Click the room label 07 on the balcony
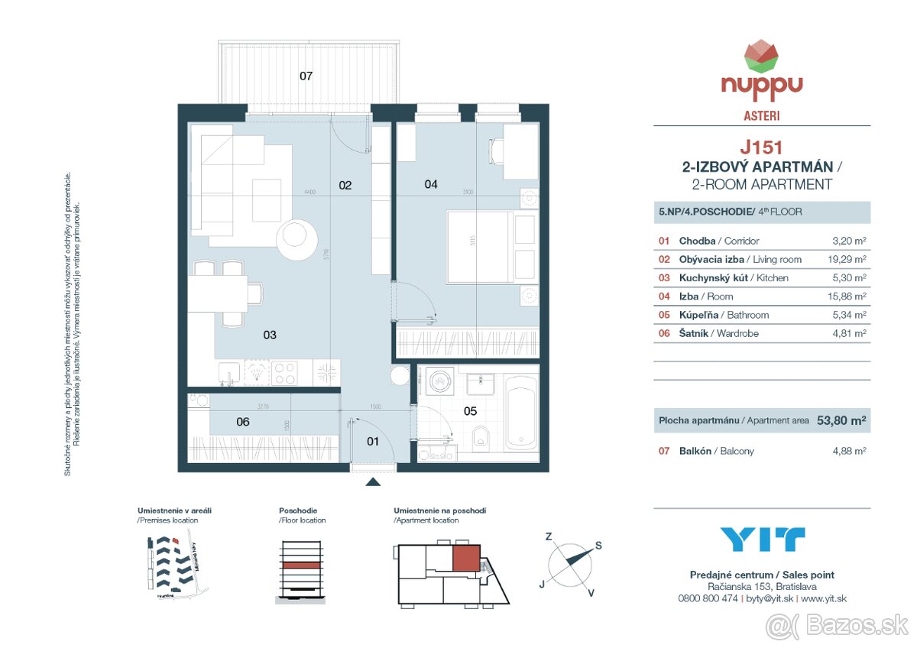(x=306, y=76)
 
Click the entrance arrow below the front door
(x=373, y=481)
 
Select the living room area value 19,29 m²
(x=849, y=260)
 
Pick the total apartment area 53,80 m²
(x=841, y=420)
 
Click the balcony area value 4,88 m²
(x=849, y=451)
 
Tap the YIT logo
(x=762, y=539)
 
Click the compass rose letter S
(x=598, y=545)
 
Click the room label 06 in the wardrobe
(x=243, y=421)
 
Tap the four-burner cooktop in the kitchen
(x=284, y=372)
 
